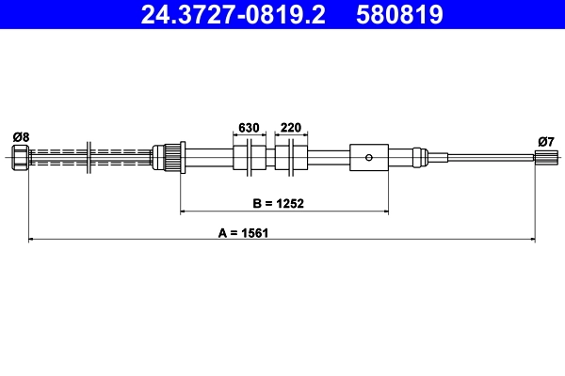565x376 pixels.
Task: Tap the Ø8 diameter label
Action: tap(21, 136)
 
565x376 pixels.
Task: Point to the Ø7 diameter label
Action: tap(544, 141)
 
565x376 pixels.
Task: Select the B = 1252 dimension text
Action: tap(277, 202)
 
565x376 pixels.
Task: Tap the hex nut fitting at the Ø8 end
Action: tap(21, 157)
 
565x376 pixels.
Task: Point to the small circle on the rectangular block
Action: tap(370, 157)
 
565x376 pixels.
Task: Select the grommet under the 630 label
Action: tap(249, 157)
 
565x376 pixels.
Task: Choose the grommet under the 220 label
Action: tap(291, 157)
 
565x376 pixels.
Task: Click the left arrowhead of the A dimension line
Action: tap(33, 240)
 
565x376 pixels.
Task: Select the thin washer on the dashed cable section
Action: tap(88, 157)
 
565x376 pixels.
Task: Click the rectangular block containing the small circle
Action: tap(368, 157)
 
